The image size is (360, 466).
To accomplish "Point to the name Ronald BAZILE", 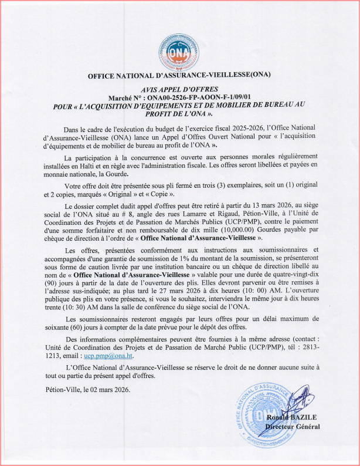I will [x=292, y=418].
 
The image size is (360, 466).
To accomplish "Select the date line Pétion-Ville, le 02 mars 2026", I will [x=88, y=390].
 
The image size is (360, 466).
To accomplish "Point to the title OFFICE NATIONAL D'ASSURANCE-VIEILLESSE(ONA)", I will [x=179, y=76].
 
